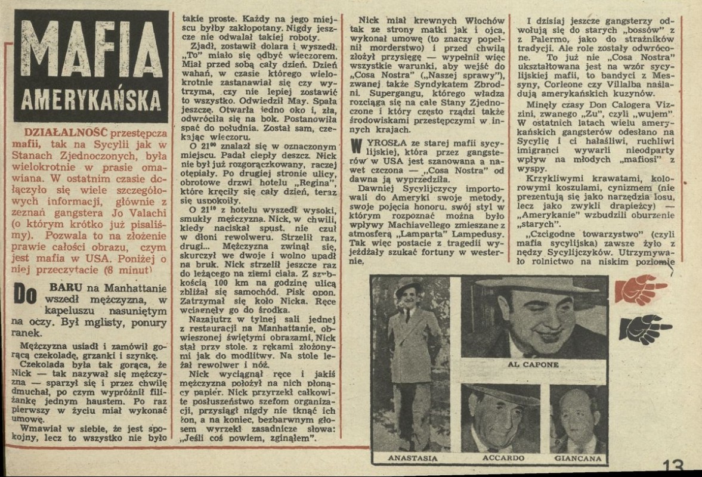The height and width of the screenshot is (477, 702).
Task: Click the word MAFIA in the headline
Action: pyautogui.click(x=88, y=49)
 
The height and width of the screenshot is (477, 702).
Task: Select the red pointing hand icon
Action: pyautogui.click(x=641, y=289)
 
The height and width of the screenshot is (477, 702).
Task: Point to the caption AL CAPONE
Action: pyautogui.click(x=533, y=365)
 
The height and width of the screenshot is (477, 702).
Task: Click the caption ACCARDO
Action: pyautogui.click(x=500, y=458)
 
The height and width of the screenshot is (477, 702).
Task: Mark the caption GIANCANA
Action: pyautogui.click(x=577, y=458)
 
